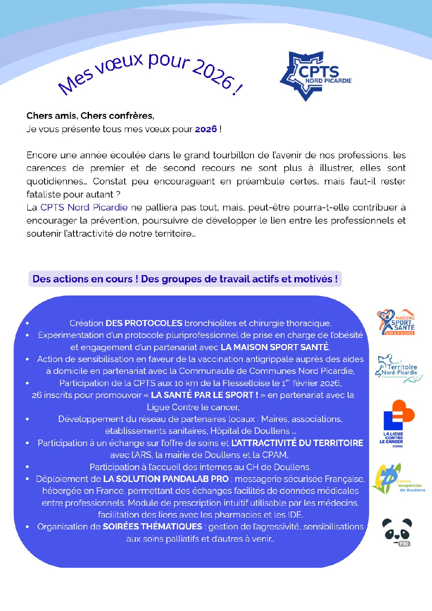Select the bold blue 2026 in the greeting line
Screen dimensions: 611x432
tap(206, 129)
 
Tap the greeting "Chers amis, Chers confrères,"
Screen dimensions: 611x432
tap(90, 116)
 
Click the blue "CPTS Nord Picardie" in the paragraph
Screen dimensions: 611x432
tap(84, 207)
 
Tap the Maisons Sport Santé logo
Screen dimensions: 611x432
tap(396, 322)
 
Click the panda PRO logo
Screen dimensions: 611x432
tap(397, 532)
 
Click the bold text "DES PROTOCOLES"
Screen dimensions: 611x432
tap(144, 323)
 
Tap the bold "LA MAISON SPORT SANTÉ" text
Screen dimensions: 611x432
tap(275, 347)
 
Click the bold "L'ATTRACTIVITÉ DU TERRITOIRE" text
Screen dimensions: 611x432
tap(297, 443)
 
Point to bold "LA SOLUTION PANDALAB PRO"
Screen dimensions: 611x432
tap(166, 479)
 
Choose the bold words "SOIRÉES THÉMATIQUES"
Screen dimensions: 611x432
tap(152, 527)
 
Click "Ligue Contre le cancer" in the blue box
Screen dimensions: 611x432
tap(193, 407)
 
